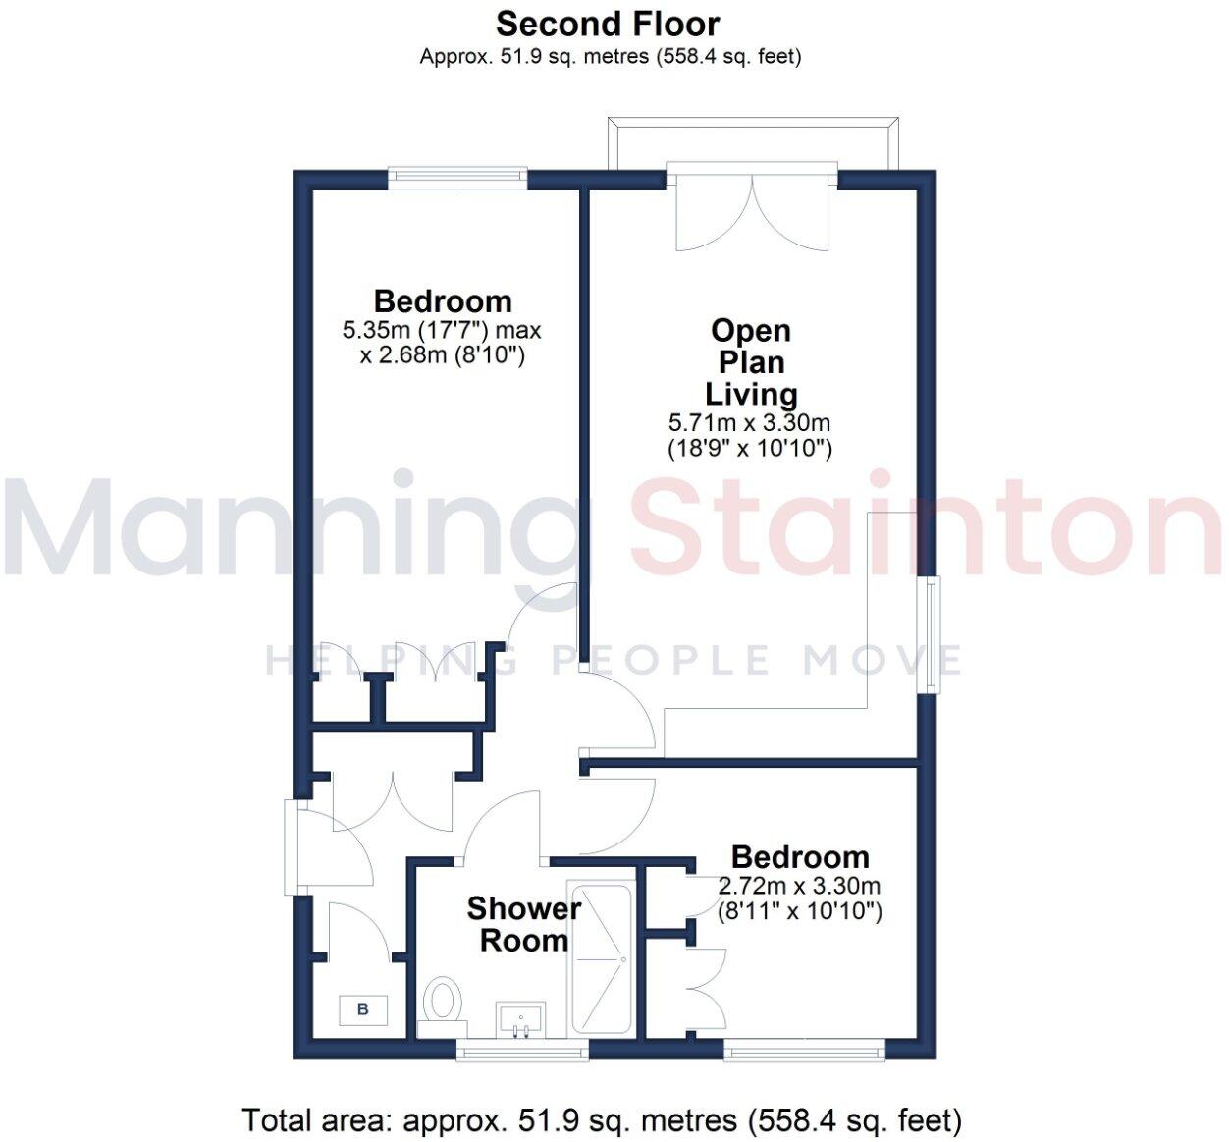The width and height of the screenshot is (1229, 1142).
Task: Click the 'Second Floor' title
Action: [608, 24]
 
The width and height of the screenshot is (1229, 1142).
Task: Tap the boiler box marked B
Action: [363, 1008]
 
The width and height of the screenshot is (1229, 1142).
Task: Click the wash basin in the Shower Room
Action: [521, 1019]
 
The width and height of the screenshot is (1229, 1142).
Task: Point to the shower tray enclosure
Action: [602, 959]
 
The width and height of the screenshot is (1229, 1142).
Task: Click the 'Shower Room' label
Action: [523, 924]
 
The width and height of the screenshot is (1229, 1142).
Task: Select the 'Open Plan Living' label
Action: [751, 362]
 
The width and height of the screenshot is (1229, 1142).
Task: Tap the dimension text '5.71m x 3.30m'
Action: [750, 423]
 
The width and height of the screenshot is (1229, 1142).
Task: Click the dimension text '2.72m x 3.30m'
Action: [800, 886]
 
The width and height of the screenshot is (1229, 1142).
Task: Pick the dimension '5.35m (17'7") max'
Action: [442, 330]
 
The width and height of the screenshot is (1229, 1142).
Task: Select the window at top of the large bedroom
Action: [456, 177]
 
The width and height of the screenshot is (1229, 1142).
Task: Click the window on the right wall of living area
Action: [930, 636]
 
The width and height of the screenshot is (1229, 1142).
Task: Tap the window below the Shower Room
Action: [522, 1052]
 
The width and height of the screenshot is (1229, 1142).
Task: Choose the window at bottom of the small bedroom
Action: [805, 1052]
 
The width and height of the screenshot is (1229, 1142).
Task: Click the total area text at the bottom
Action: [602, 1119]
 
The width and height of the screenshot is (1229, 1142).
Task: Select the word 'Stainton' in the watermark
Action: [928, 528]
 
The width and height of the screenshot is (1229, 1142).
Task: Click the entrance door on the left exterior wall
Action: [292, 847]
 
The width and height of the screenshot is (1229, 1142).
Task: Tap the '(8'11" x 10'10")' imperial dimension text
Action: [800, 911]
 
